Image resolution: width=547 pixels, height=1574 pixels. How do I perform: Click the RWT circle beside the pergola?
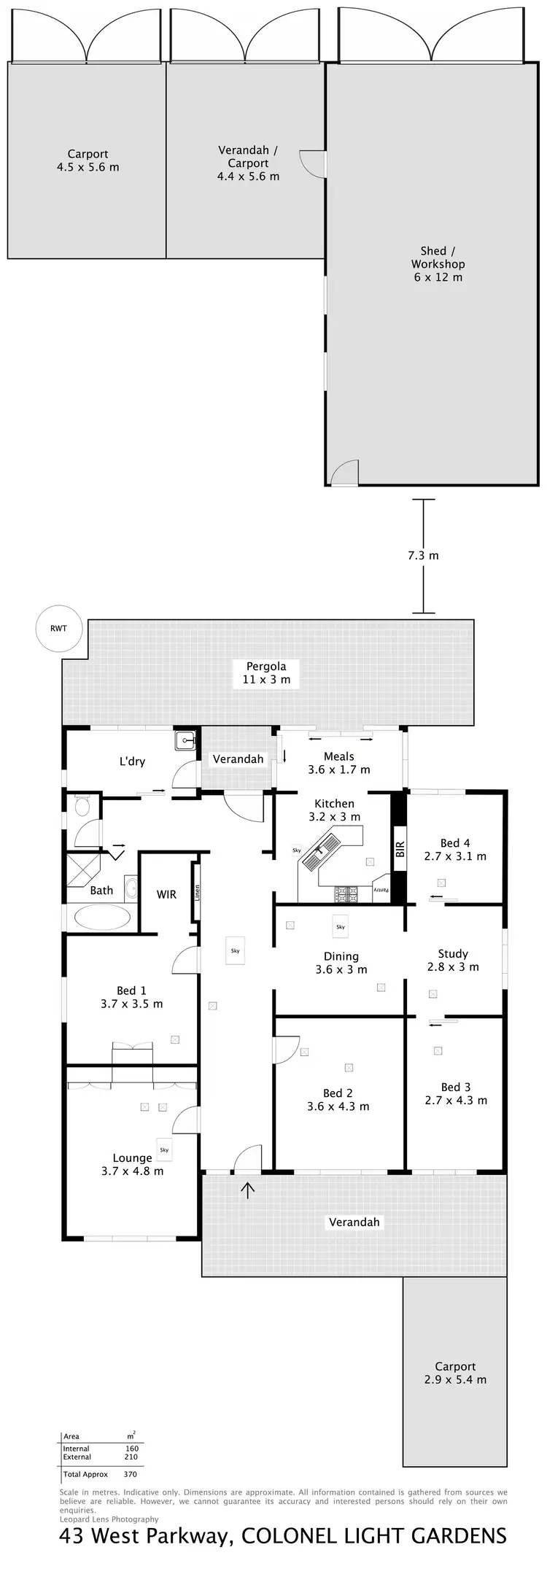(x=59, y=628)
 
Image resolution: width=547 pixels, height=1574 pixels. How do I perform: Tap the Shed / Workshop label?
(x=438, y=264)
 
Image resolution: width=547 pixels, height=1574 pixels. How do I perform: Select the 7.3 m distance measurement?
(x=423, y=555)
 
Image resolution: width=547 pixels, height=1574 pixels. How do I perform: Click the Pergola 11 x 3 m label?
(x=266, y=672)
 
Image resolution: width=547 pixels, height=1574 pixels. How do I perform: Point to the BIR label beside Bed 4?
(x=399, y=849)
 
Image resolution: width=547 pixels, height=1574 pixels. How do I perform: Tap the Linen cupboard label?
(x=196, y=893)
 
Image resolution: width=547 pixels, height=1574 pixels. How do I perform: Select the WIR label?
(x=166, y=894)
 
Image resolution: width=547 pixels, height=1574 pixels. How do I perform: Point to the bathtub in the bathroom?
(x=102, y=917)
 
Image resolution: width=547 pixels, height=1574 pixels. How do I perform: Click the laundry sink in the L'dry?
(x=186, y=741)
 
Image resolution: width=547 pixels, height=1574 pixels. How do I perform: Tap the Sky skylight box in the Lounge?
(x=164, y=1150)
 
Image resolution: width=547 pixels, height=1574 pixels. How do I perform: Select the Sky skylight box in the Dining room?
(x=341, y=926)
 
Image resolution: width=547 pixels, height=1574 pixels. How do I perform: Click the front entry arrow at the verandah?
(x=249, y=1190)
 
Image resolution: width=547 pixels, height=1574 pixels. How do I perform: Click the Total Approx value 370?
(x=131, y=1474)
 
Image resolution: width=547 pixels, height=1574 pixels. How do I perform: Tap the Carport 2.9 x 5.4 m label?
(x=455, y=1373)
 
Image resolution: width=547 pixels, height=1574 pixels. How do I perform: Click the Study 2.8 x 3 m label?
(x=453, y=960)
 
